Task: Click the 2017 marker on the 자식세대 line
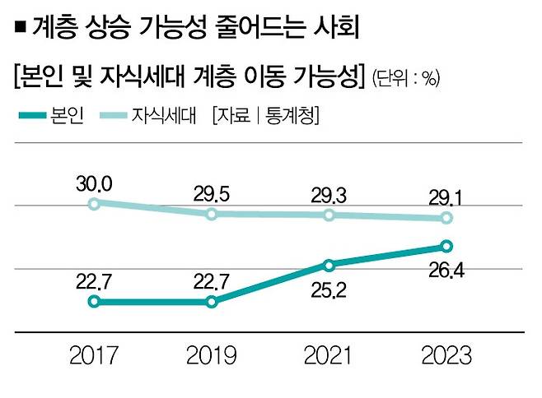click(94, 204)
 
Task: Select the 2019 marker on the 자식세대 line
click(212, 214)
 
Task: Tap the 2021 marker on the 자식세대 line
click(329, 215)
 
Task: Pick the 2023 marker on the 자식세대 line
click(446, 218)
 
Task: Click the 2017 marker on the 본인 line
click(94, 302)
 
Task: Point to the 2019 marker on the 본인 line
click(212, 302)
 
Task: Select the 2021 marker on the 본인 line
click(329, 265)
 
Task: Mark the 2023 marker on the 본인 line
click(446, 246)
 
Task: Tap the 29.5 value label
click(211, 192)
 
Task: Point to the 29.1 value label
click(445, 197)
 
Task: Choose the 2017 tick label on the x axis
click(94, 356)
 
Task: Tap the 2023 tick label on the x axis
click(446, 356)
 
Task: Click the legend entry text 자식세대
click(165, 116)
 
